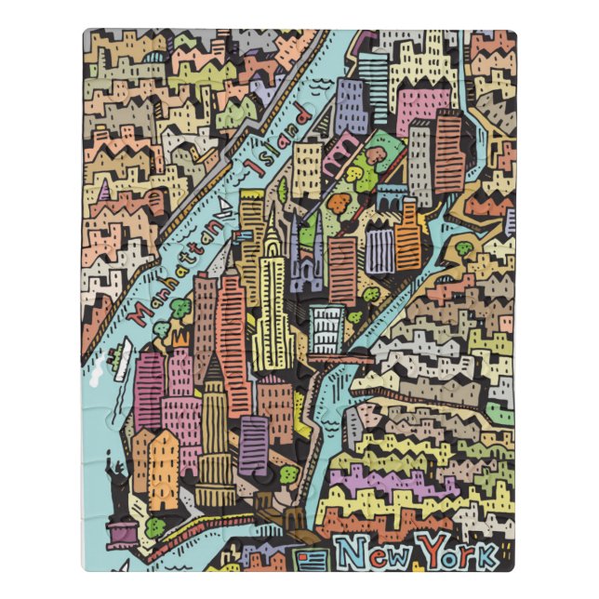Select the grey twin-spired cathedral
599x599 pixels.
coord(307,251)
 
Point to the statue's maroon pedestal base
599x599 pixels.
coord(122,532)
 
